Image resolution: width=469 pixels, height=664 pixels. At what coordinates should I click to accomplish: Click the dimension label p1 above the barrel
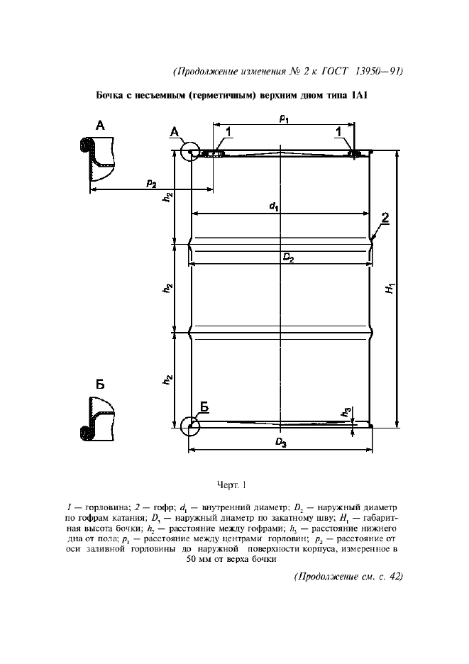click(283, 121)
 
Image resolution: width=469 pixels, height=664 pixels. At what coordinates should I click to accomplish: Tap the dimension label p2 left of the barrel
click(151, 183)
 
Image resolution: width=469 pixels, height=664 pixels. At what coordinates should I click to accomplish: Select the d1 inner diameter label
click(273, 206)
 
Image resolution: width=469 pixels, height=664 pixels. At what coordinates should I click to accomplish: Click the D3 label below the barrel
click(281, 443)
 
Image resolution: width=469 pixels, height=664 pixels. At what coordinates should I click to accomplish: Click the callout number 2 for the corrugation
click(384, 218)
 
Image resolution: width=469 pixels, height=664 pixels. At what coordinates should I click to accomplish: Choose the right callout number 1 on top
click(338, 131)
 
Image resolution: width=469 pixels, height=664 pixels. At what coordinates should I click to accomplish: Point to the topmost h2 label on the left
click(167, 198)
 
